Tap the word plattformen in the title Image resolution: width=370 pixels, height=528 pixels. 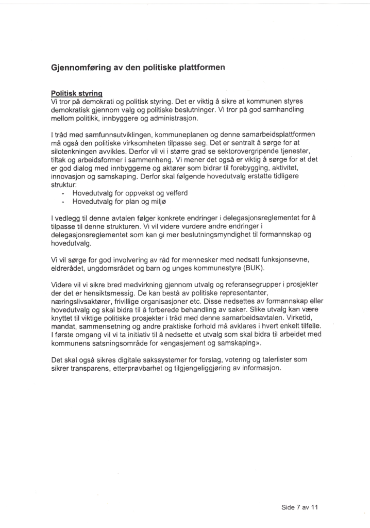pyautogui.click(x=199, y=68)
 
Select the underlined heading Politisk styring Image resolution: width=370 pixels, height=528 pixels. pyautogui.click(x=76, y=94)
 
